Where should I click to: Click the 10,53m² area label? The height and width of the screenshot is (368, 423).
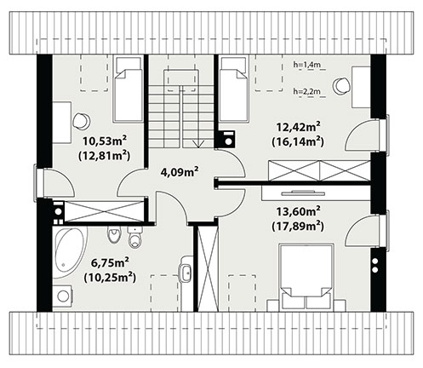105,141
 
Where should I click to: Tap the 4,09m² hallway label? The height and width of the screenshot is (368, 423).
180,172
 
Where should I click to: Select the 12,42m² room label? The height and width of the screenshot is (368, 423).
299,127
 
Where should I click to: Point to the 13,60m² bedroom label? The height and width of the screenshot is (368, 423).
299,211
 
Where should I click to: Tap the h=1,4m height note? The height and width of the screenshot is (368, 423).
306,65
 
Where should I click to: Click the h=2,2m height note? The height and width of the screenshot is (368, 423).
306,91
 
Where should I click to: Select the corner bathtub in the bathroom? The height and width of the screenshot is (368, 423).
70,252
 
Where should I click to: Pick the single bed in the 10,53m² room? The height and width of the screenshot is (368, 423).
128,89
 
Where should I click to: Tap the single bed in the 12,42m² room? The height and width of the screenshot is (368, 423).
233,89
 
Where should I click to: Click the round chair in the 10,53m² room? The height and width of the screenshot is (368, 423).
81,121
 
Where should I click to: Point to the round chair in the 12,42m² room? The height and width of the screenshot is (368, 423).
341,85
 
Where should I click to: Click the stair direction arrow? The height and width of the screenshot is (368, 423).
198,143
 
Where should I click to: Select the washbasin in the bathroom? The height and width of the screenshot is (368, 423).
186,273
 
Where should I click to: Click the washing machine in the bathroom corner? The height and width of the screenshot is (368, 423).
63,296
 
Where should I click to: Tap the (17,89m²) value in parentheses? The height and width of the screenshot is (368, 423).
298,227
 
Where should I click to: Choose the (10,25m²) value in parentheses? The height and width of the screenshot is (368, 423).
110,278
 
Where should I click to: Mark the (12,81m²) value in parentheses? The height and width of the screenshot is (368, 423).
104,156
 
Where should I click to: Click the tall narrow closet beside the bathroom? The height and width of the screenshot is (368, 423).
208,267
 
